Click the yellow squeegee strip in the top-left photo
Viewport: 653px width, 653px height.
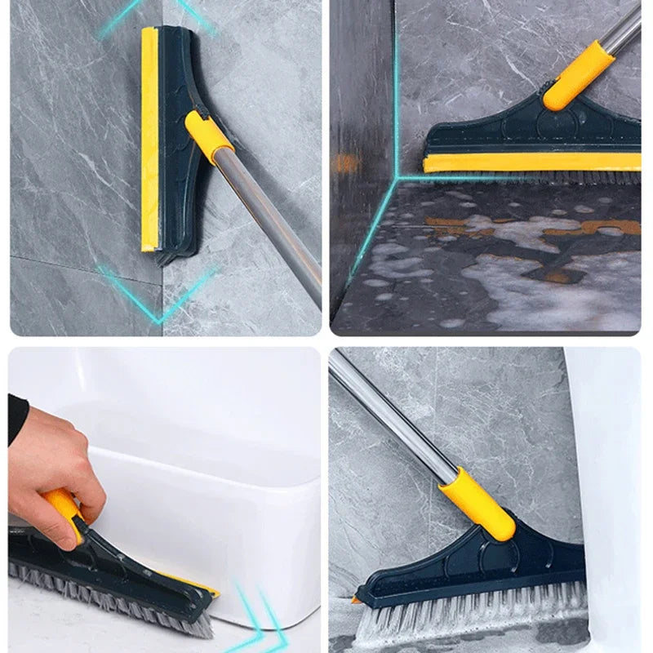pos(149,139)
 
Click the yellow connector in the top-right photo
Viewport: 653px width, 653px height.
pos(577,76)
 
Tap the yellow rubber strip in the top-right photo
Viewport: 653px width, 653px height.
pos(531,162)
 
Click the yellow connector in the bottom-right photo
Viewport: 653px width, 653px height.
pos(478,502)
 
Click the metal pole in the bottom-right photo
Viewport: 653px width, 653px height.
pos(392,416)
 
